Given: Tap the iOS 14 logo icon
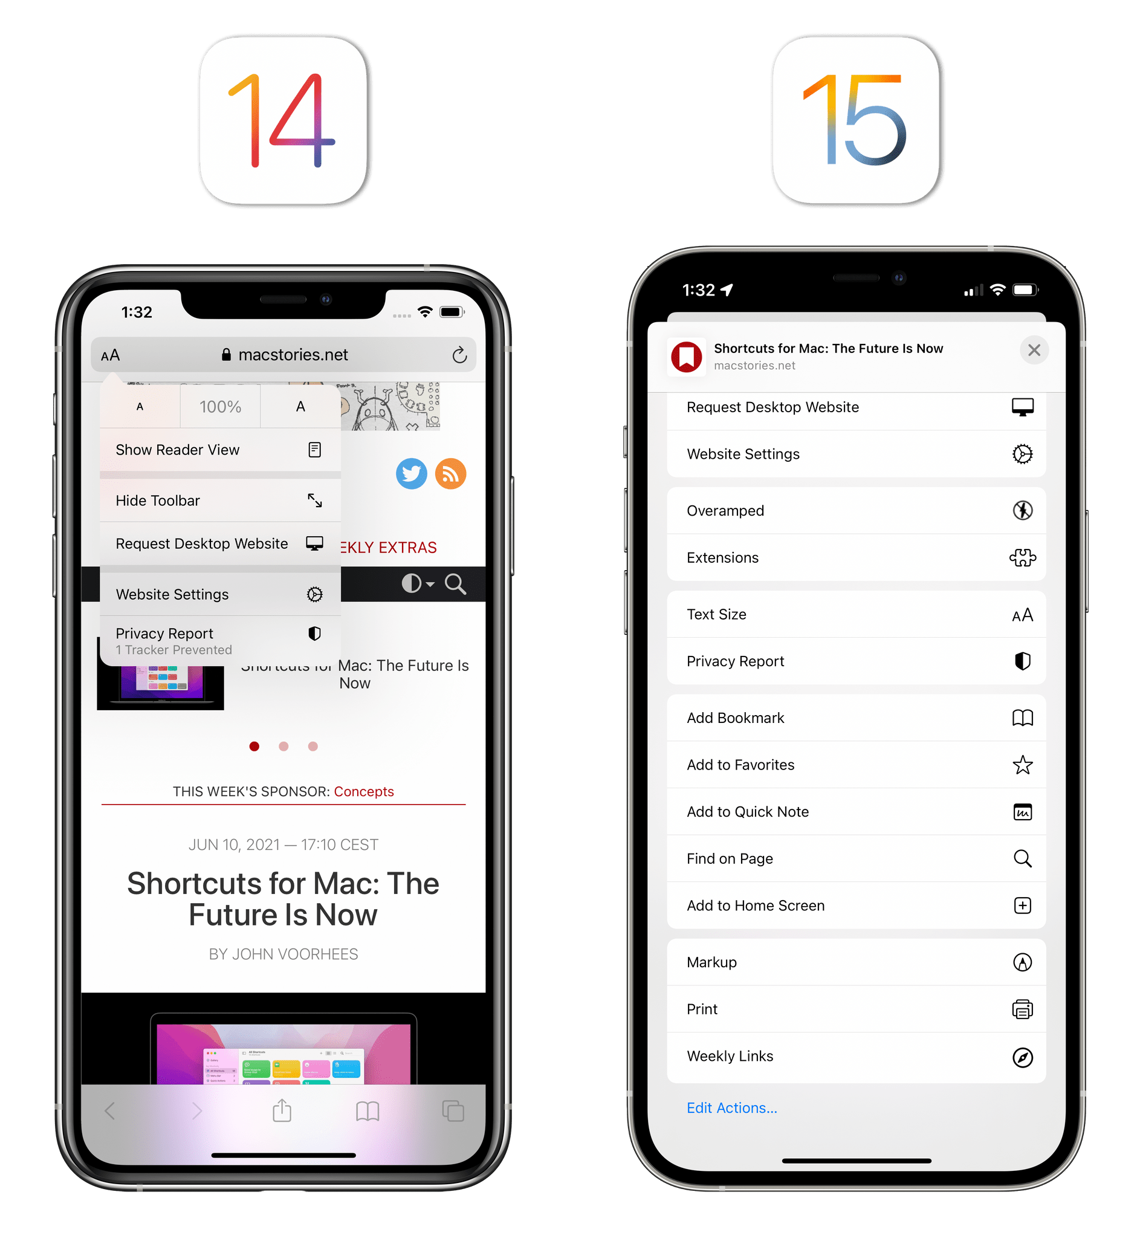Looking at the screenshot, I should pos(284,120).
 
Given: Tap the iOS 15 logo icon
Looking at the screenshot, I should pos(858,120).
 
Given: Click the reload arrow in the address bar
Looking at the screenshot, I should pos(459,355).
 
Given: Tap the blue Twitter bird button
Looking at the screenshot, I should pos(412,474).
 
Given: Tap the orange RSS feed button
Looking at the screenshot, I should pos(450,474).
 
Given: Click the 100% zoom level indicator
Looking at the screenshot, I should pos(220,406).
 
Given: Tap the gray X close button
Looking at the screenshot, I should pos(1034,351).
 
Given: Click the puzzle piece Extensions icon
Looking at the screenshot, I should pos(1022,557).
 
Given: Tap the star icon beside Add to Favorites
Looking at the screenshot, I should pos(1022,765).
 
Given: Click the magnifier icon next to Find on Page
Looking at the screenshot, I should pos(1022,858).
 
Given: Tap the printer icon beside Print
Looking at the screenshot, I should pos(1022,1009).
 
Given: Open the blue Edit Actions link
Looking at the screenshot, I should pos(731,1108).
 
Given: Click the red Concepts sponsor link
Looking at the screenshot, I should pos(363,791).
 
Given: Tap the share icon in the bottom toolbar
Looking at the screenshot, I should pos(282,1110).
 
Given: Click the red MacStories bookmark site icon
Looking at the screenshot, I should pos(687,357).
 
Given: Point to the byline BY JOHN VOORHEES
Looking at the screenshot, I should pos(283,954).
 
